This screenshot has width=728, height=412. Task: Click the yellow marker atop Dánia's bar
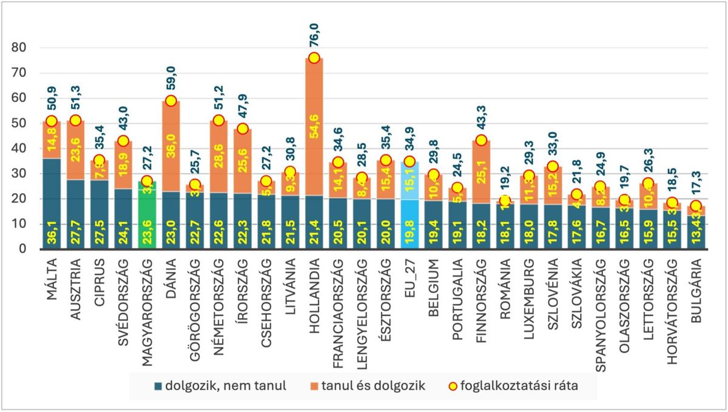pyautogui.click(x=170, y=101)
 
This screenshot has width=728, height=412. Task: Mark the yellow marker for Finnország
pyautogui.click(x=481, y=140)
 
